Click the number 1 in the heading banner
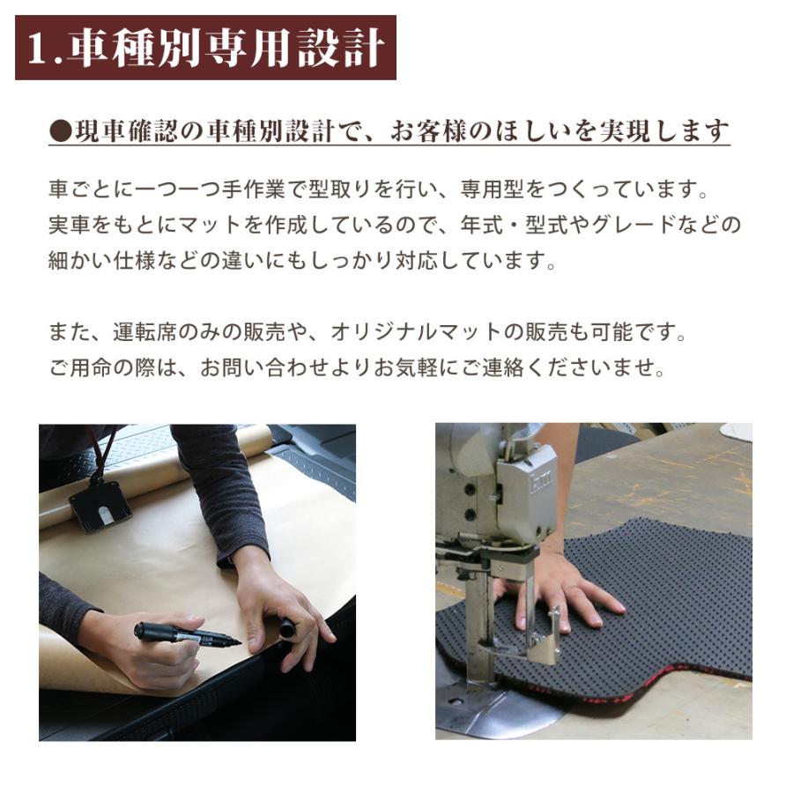click(37, 49)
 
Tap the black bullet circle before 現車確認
click(59, 131)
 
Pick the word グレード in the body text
click(651, 225)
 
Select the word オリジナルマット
click(426, 333)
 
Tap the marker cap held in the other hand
click(287, 628)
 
